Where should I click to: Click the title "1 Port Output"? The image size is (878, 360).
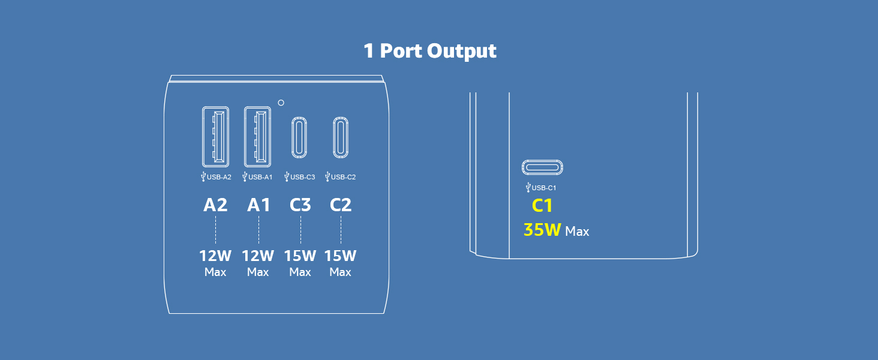[430, 51]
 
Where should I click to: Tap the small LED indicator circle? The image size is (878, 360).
[281, 103]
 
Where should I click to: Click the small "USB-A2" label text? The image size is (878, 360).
[219, 177]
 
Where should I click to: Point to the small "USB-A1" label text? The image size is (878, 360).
[260, 177]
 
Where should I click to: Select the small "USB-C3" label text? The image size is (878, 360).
[303, 177]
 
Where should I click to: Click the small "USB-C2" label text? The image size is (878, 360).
[344, 177]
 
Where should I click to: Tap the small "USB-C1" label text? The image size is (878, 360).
[544, 188]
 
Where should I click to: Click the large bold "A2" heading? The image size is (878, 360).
[215, 205]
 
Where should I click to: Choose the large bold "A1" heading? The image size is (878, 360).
[258, 205]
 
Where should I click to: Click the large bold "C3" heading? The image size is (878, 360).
[300, 205]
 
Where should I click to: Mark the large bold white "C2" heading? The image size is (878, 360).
[341, 205]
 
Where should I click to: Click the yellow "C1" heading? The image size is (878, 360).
[542, 206]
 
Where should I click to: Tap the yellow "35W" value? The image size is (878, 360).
[542, 230]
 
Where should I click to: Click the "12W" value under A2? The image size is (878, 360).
[215, 256]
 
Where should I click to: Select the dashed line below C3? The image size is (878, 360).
[300, 230]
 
